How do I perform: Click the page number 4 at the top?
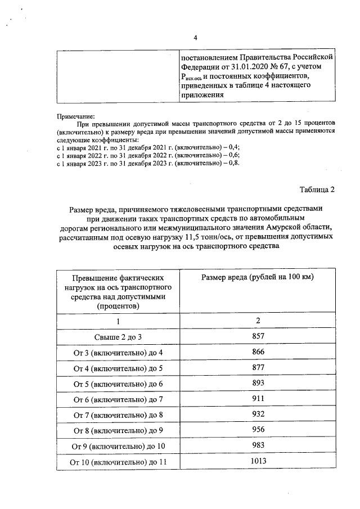coord(195,38)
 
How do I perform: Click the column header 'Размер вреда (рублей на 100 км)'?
coord(257,277)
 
